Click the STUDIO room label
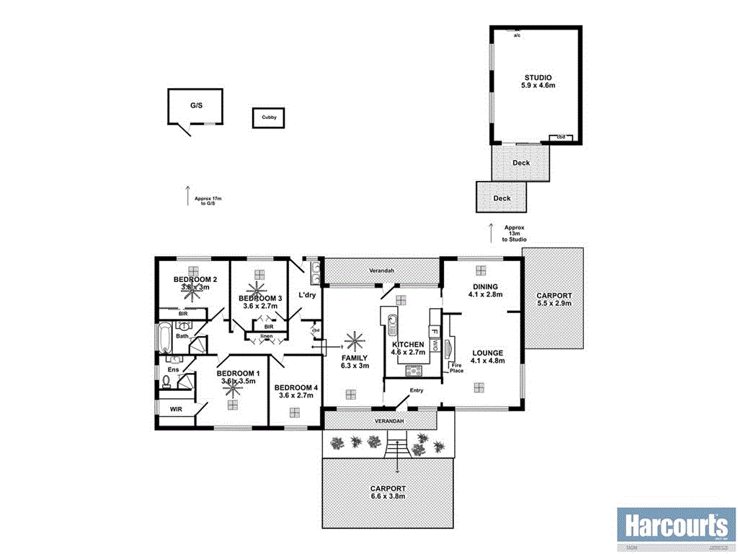[x=538, y=77]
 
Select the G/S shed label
[x=196, y=105]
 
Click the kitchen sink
[x=391, y=325]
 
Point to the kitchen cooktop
[x=414, y=371]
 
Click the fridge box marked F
[x=435, y=333]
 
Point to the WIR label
[x=176, y=409]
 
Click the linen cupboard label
[x=266, y=335]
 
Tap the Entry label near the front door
[x=417, y=390]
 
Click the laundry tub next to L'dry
[x=315, y=271]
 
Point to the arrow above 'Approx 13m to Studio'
[x=491, y=233]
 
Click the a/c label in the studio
[x=517, y=34]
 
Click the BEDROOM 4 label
[x=295, y=388]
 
